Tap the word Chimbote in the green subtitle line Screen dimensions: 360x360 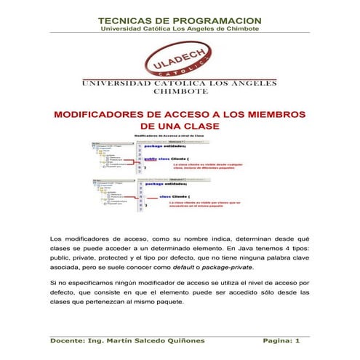(x=239, y=29)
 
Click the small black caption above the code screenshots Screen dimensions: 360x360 (x=180, y=135)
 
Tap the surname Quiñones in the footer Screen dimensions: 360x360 (x=188, y=340)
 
